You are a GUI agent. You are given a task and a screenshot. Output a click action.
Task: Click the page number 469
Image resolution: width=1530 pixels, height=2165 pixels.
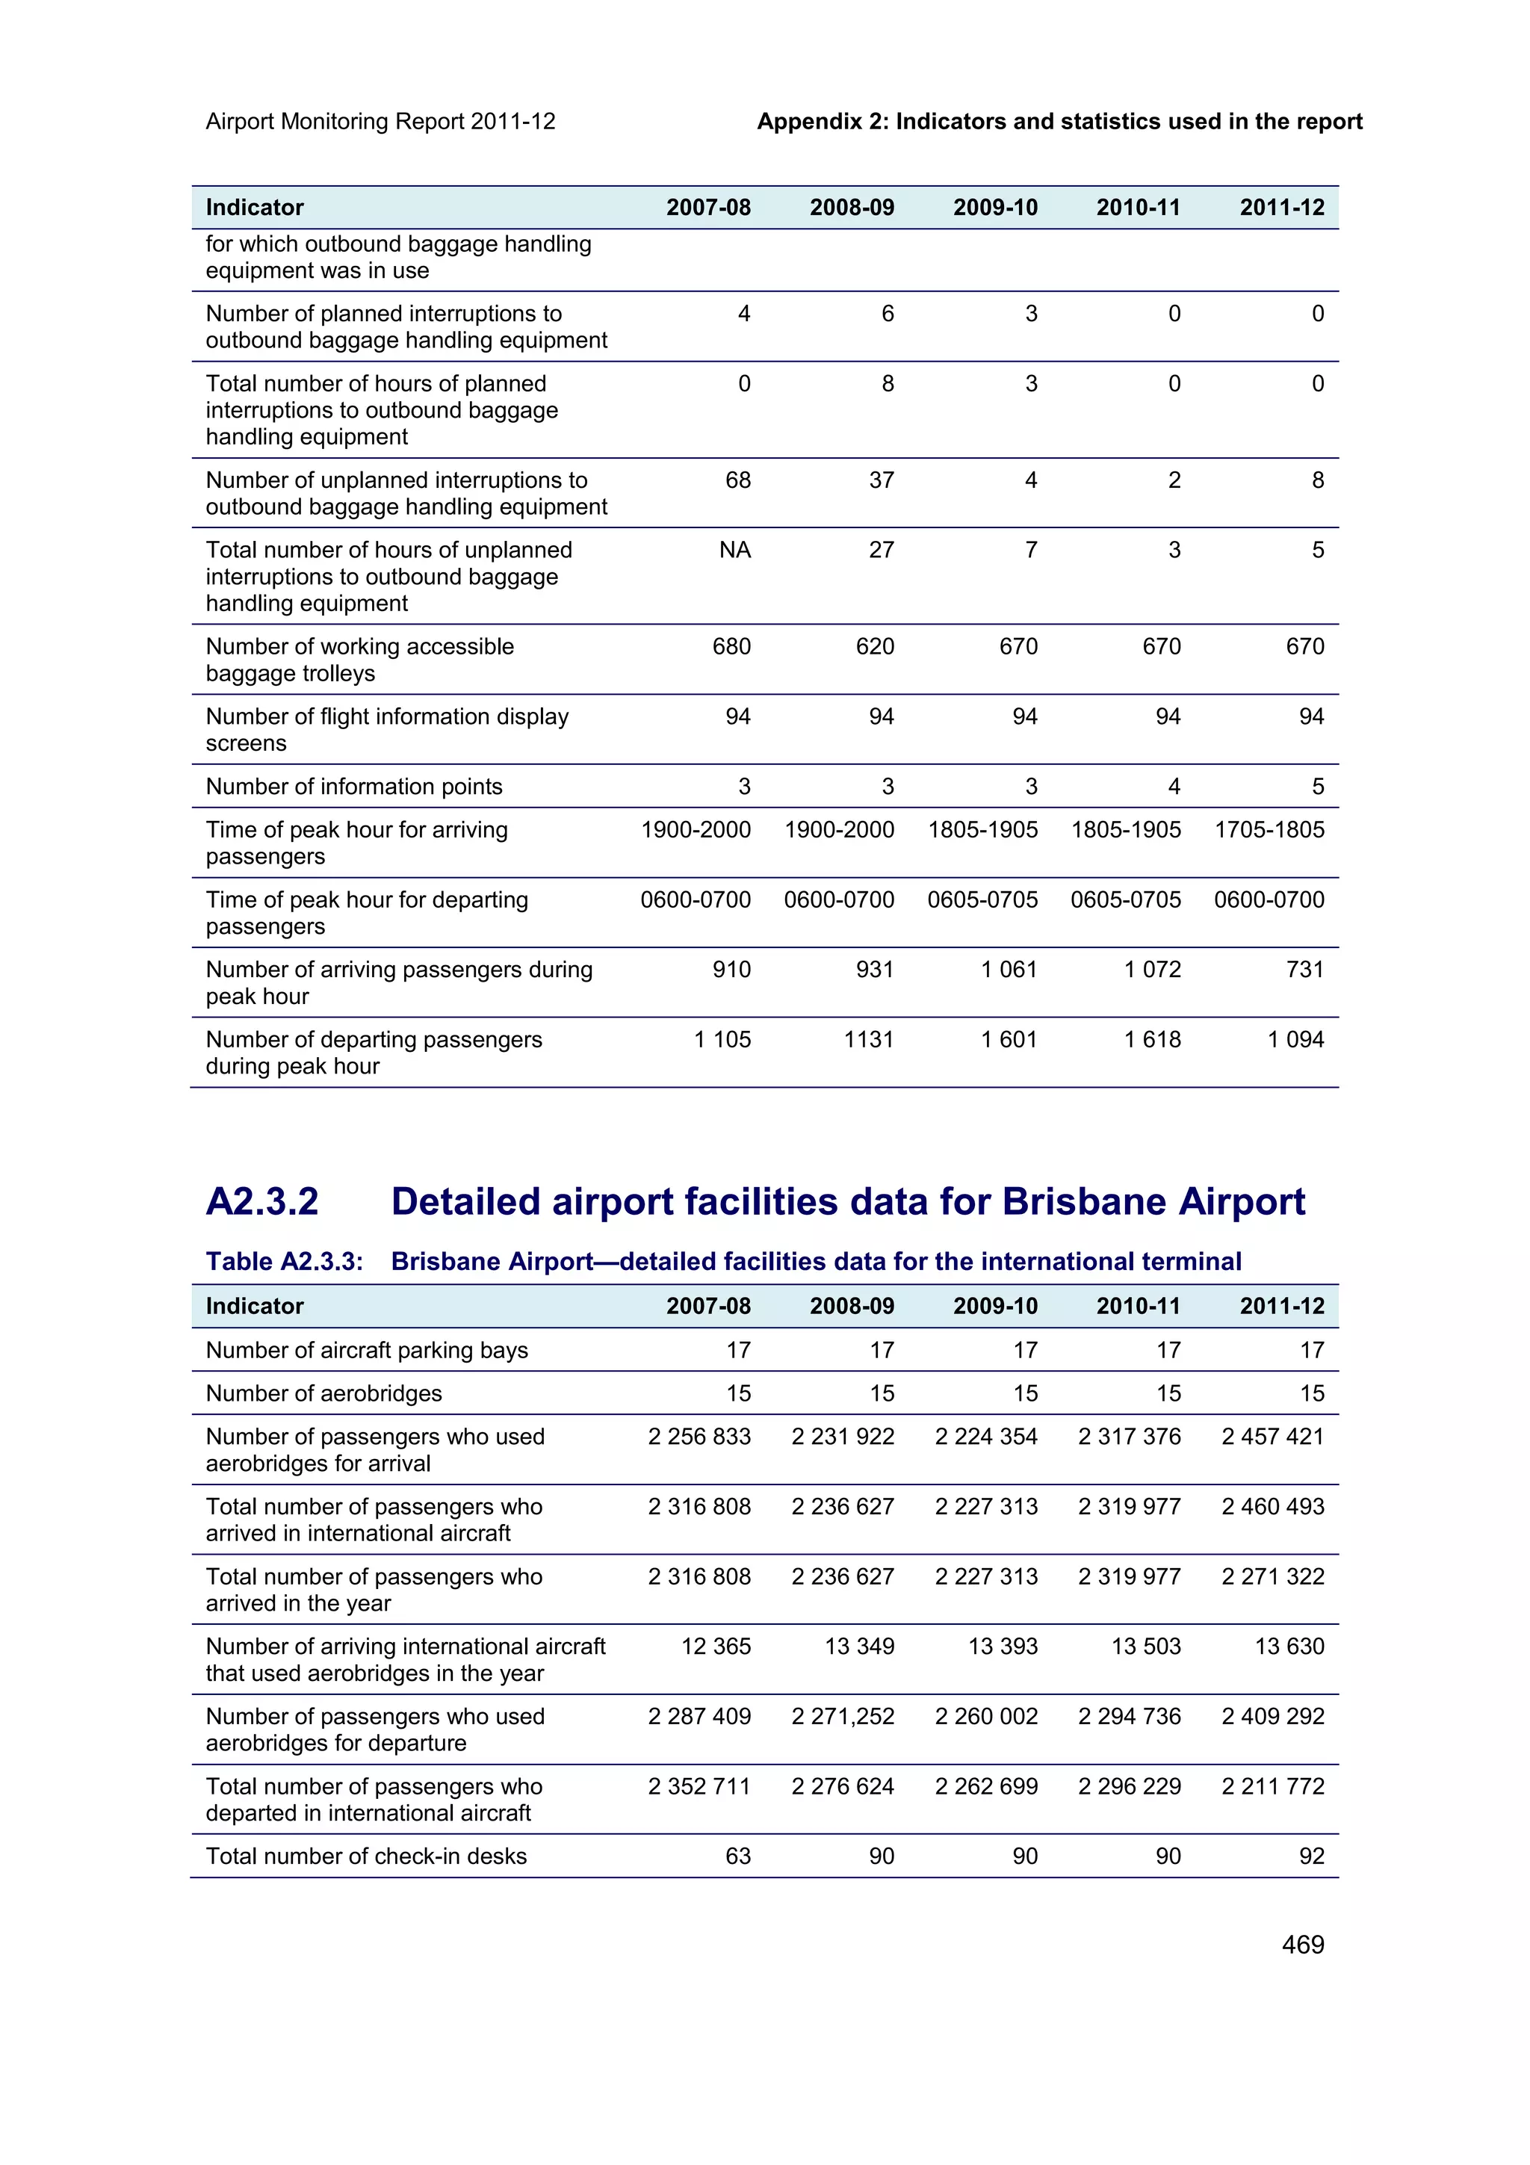click(1302, 1945)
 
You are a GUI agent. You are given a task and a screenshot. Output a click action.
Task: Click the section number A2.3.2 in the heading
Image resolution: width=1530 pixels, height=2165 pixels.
click(262, 1201)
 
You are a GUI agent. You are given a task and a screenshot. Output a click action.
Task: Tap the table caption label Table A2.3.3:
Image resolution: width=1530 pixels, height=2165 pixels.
click(284, 1262)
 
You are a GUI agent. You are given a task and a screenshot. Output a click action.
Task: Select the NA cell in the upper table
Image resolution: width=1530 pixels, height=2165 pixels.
click(734, 550)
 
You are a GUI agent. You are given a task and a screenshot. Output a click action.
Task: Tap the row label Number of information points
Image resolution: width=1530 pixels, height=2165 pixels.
click(353, 787)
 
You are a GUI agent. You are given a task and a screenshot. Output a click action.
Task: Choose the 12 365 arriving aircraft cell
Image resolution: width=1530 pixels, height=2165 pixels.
click(716, 1647)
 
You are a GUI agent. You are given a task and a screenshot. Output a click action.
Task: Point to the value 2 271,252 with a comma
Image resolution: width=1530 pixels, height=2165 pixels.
click(842, 1716)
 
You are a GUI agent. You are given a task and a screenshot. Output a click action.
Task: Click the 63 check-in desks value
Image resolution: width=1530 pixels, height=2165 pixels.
click(737, 1856)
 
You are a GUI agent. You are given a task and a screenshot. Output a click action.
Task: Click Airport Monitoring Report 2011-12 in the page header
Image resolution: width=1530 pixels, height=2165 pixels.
click(380, 122)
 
